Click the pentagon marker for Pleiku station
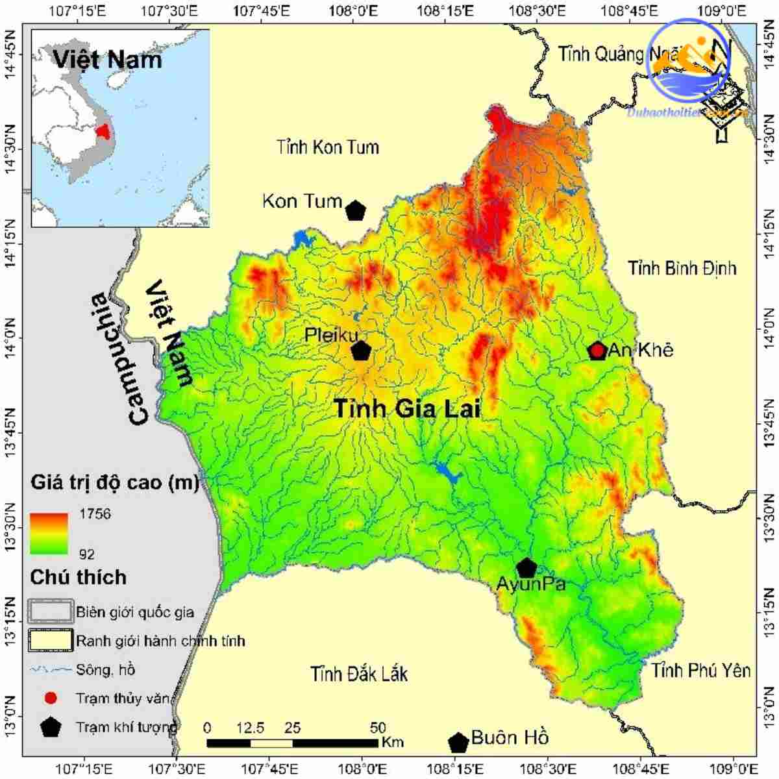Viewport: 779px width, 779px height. [361, 351]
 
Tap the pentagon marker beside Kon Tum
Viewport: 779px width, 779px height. [355, 210]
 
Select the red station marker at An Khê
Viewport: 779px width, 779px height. [597, 351]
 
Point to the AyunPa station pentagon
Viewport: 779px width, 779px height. [526, 567]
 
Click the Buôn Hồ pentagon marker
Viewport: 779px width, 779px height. [458, 742]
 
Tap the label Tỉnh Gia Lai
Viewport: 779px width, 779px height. [407, 409]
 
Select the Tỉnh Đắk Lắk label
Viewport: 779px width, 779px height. [359, 674]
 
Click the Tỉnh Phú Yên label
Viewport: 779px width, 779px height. [701, 670]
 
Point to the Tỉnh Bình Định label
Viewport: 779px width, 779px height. [682, 267]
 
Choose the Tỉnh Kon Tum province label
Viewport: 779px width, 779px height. [327, 147]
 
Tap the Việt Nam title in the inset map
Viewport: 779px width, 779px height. [107, 60]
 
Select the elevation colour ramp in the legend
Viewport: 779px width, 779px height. [49, 534]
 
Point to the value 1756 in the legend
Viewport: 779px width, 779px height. [95, 514]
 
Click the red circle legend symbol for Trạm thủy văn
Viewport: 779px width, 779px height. [51, 699]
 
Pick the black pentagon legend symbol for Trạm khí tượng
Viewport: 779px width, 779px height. [51, 727]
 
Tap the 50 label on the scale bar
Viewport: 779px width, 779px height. [377, 727]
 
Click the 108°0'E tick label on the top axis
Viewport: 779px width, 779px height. [353, 11]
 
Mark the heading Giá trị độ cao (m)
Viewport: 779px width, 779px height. [114, 483]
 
